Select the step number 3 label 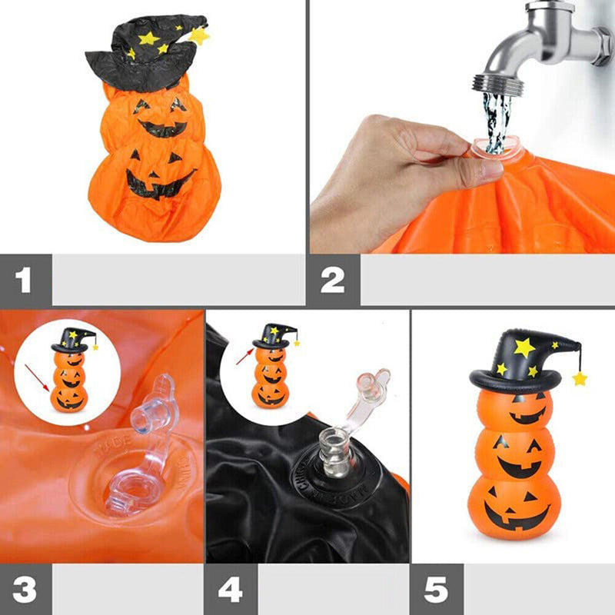(x=25, y=590)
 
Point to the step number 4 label (x=230, y=590)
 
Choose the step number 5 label (x=436, y=590)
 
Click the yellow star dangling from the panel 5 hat (x=579, y=378)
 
